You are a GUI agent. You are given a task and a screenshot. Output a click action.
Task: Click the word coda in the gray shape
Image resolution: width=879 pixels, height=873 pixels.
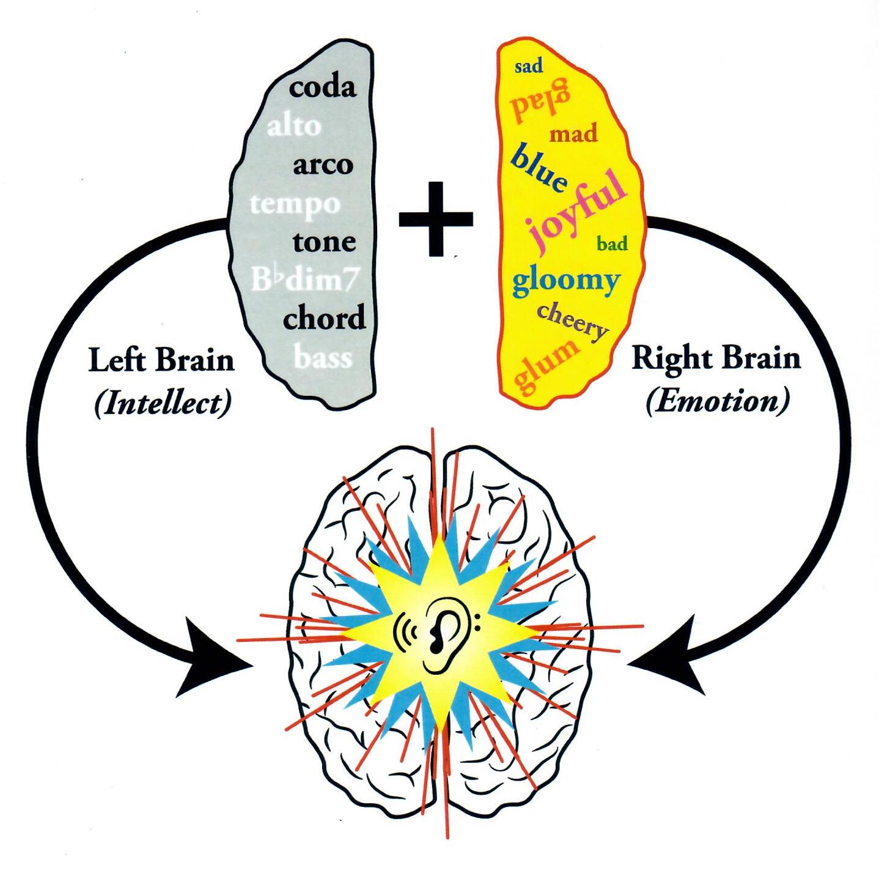tap(322, 87)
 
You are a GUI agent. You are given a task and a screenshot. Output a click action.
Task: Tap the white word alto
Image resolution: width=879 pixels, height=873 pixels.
tap(294, 127)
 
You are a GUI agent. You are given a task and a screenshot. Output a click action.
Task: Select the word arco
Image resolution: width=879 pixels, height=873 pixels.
tap(323, 165)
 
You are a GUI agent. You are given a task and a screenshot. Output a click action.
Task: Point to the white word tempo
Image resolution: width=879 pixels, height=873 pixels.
tap(295, 203)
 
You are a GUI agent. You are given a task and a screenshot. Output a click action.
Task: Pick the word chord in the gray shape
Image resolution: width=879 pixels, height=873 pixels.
tap(324, 319)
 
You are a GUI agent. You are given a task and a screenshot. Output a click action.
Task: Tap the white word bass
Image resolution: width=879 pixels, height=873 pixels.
tap(323, 357)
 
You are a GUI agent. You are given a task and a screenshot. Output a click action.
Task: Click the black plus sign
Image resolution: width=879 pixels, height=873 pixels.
tap(435, 218)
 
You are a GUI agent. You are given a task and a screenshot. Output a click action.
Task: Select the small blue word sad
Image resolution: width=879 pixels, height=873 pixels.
tap(528, 66)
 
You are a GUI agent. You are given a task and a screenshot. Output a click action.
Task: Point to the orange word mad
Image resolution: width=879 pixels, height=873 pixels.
tap(573, 133)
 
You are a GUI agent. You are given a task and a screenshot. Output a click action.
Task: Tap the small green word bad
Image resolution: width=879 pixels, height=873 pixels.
tap(612, 244)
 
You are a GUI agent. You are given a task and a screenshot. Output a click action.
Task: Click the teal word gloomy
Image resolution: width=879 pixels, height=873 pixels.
tap(565, 281)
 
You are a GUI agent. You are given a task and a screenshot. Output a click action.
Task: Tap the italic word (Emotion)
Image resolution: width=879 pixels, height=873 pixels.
tap(716, 401)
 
